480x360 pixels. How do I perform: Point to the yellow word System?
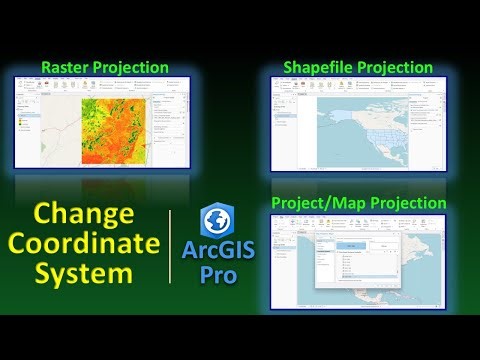click(85, 272)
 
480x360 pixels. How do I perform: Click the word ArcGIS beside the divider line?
click(218, 251)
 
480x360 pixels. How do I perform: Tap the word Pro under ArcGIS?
click(218, 274)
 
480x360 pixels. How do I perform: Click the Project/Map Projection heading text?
click(358, 203)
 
